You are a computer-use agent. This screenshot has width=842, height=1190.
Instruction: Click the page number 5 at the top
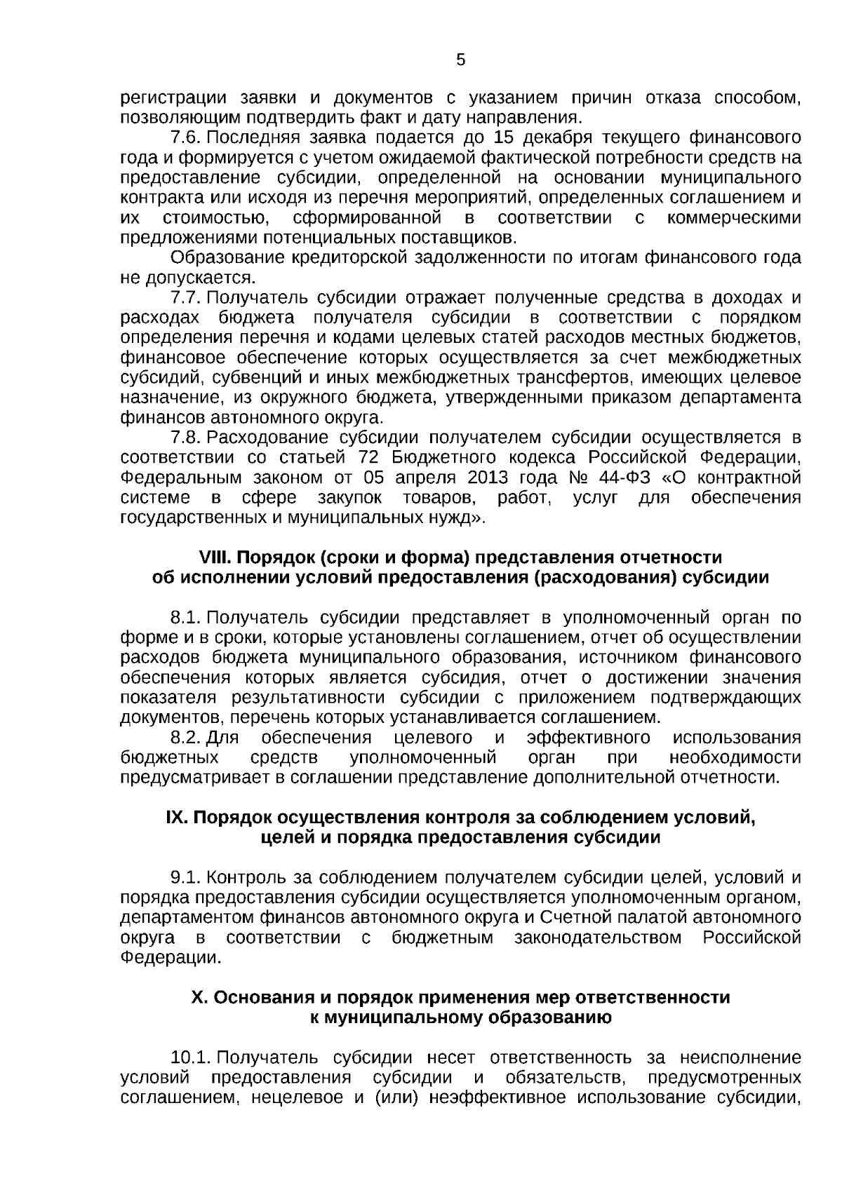point(460,60)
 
